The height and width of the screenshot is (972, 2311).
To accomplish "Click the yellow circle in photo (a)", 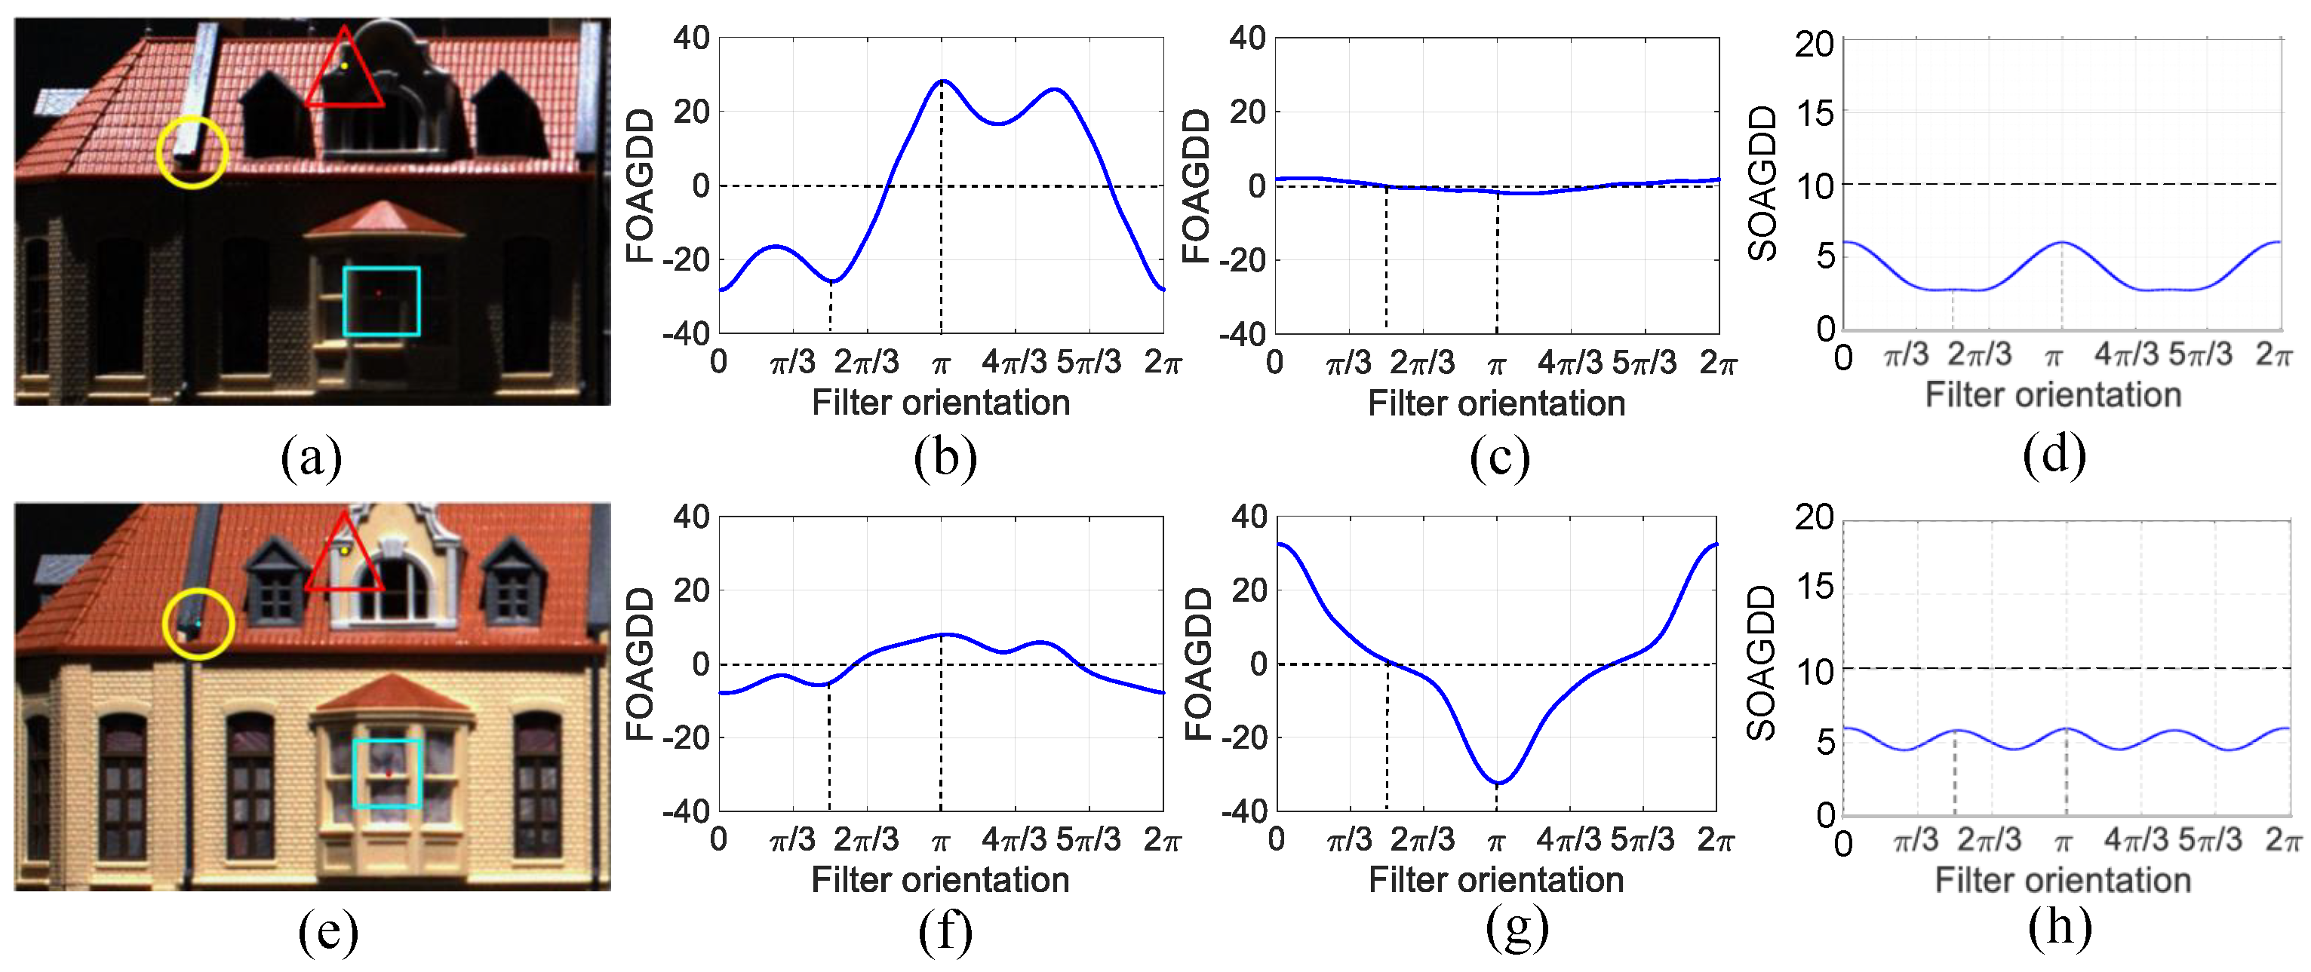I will click(192, 152).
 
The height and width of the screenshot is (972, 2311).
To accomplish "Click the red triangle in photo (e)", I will click(345, 556).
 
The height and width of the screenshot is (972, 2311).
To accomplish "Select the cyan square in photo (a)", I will click(381, 302).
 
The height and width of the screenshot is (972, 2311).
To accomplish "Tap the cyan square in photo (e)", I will click(386, 774).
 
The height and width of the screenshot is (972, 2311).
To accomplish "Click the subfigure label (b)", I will click(945, 457).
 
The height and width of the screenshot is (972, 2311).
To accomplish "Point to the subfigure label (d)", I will click(2054, 455).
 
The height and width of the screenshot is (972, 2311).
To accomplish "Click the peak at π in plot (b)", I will click(941, 81).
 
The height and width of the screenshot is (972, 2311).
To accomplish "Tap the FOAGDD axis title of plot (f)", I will click(640, 664).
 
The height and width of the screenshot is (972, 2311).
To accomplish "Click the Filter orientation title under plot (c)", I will click(1496, 403).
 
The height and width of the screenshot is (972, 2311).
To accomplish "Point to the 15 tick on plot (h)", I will click(1814, 587).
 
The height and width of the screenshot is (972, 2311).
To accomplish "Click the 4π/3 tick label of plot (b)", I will click(1014, 362).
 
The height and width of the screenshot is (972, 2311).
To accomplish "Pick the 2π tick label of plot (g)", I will click(1715, 839).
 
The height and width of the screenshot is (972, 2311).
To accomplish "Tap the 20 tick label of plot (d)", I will click(1814, 43).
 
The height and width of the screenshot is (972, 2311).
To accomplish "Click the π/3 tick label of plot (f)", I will click(793, 839).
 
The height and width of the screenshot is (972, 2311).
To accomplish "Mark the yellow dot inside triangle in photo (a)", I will click(345, 66).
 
